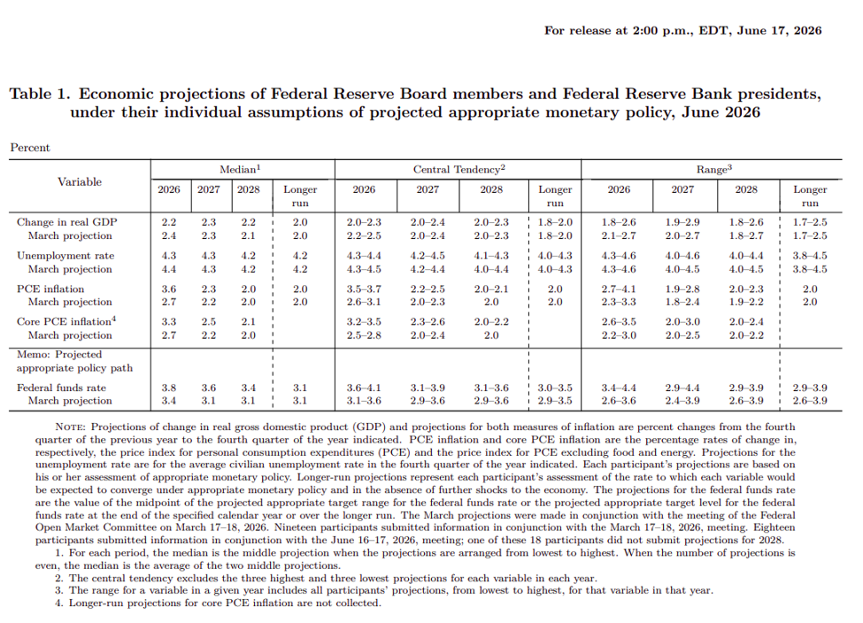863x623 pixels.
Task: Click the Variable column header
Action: (80, 182)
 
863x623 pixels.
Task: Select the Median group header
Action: (240, 170)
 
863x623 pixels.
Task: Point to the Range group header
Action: (713, 170)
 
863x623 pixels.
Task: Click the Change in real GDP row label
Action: (67, 222)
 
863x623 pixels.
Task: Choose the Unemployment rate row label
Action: (65, 256)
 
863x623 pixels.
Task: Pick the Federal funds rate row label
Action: (61, 388)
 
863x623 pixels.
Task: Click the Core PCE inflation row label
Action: (66, 321)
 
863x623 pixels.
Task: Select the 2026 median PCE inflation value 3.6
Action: (169, 289)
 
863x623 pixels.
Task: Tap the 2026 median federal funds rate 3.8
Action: (169, 388)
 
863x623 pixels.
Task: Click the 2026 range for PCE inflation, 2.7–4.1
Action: (619, 289)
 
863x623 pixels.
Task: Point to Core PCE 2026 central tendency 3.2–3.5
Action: (364, 322)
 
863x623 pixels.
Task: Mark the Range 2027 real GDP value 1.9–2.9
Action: (682, 222)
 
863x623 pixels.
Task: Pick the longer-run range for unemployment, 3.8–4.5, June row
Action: (810, 256)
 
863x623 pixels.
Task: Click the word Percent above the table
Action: (30, 148)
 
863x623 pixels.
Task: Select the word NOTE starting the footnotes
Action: (70, 427)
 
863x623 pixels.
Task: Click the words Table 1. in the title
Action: (40, 94)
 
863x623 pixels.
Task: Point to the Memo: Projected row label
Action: (59, 355)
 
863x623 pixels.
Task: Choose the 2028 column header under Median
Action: (248, 189)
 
